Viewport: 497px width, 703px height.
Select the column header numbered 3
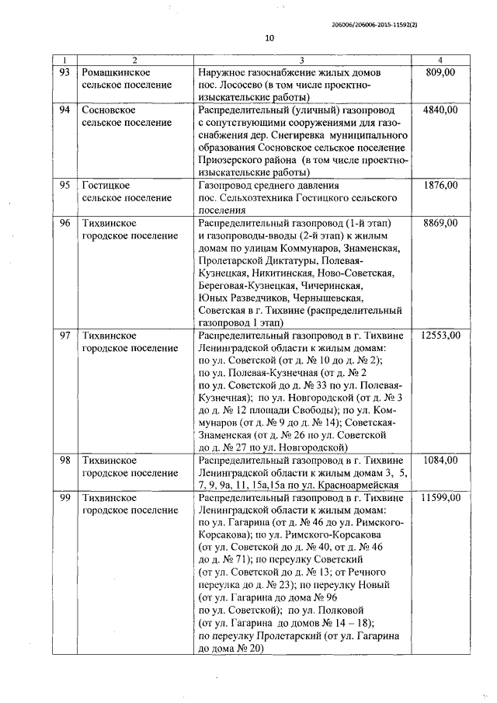(x=301, y=61)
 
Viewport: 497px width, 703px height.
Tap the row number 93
(x=65, y=72)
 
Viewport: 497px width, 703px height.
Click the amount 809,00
(x=440, y=72)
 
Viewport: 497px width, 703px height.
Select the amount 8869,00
(x=440, y=223)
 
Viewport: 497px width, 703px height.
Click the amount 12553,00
(x=440, y=336)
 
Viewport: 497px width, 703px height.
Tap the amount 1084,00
(x=440, y=461)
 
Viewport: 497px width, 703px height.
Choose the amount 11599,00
(x=440, y=498)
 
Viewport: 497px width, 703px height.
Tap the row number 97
(x=65, y=336)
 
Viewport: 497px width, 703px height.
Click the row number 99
(x=65, y=498)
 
